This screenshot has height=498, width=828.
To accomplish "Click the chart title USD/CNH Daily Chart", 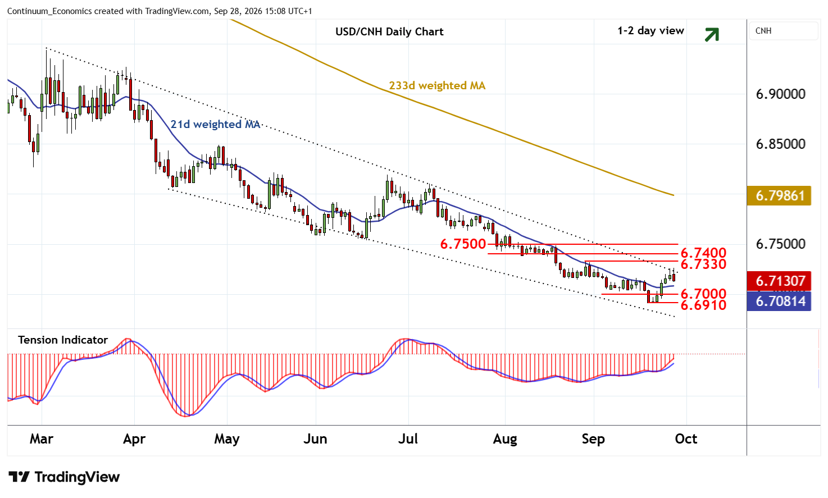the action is pos(389,32).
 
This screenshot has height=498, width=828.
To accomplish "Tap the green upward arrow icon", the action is pos(712,35).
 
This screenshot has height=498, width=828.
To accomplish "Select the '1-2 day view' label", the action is pos(650,31).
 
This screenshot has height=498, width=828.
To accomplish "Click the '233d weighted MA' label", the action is pos(437,86).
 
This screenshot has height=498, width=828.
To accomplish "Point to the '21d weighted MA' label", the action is pos(215,125).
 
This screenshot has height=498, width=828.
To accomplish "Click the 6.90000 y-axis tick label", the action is pos(781,94).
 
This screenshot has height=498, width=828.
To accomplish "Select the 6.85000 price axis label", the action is pos(781,144).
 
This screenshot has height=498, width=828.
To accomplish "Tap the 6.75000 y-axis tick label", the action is pos(781,244).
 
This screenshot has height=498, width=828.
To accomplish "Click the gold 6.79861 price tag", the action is pos(779,196).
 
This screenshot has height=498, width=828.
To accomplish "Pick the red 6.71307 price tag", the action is pos(779,281).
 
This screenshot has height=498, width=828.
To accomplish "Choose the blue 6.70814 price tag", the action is pos(779,301).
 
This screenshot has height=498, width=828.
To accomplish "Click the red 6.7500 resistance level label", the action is pos(463,244).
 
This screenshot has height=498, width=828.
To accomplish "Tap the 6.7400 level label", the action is pos(703,253).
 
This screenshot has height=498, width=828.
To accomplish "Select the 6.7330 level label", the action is pos(703,264).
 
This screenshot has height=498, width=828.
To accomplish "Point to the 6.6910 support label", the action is pos(703,305).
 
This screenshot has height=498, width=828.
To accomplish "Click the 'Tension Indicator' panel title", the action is pos(63,340).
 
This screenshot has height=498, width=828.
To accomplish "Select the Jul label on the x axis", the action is pos(408,439).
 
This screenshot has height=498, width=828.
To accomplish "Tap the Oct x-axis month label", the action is pos(686,439).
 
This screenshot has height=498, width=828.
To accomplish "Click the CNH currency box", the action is pos(784,31).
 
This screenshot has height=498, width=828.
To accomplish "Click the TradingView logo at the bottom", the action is pos(64,477).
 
